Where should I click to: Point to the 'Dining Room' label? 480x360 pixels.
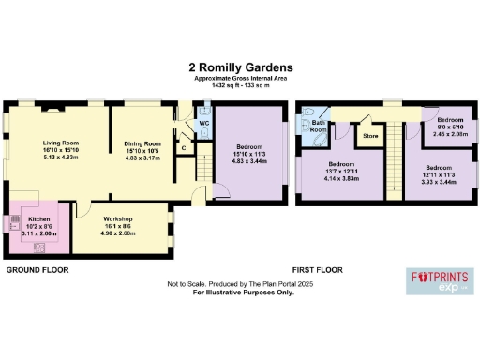[x=143, y=143]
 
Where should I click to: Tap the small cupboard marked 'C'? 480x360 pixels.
[x=184, y=146]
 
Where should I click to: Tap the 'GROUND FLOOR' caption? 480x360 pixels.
[x=36, y=270]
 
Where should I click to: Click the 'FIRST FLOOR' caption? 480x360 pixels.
[x=316, y=270]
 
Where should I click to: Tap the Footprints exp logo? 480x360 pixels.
[x=440, y=279]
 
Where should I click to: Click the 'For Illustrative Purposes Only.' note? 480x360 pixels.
[x=244, y=292]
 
